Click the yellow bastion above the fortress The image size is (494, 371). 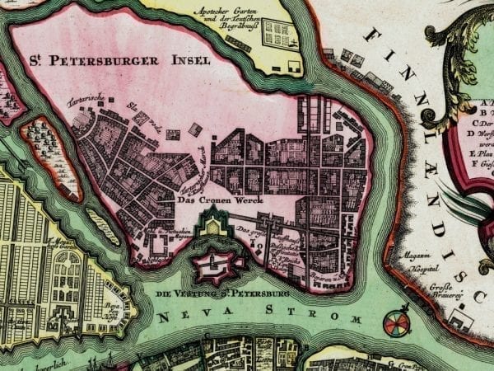point(213,223)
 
